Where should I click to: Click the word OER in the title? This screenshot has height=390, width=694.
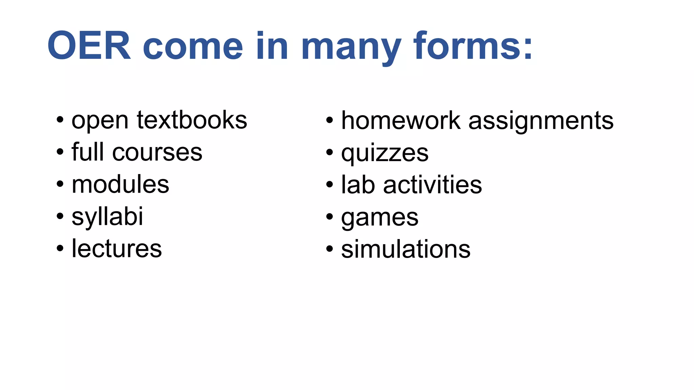89,46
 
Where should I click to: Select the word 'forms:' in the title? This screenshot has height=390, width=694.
473,46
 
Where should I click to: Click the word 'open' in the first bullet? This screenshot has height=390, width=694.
100,122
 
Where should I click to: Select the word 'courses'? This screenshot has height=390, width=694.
157,153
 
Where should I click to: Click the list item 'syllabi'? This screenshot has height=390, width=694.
107,217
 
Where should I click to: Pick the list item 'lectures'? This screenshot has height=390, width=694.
117,249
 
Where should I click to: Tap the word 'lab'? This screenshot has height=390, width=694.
358,185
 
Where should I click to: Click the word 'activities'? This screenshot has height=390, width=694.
432,185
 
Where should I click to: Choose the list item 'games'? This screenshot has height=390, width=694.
380,218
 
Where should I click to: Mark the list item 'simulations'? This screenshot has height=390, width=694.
406,249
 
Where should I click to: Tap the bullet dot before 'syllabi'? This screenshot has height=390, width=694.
60,216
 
